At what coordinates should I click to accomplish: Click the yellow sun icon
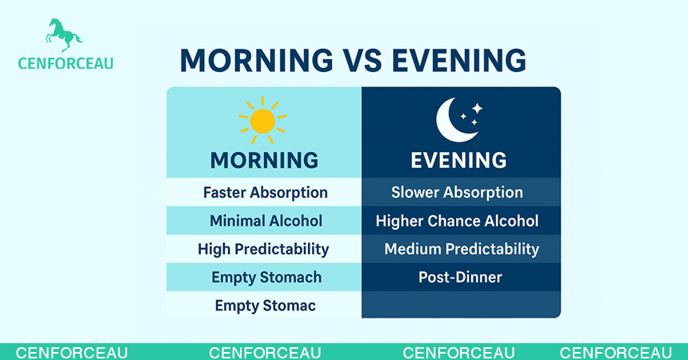coord(262,121)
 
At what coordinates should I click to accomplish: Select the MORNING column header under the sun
coord(264,160)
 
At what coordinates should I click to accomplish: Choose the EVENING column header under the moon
coord(458,160)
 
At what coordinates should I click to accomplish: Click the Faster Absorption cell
coord(265,193)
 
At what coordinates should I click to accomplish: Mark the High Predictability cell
coord(263,249)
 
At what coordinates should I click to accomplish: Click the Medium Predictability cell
coord(462,249)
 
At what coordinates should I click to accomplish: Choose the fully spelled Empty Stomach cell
coord(266,278)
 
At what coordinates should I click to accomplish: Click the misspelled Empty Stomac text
coord(265,306)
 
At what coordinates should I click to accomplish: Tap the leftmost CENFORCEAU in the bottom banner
coord(72,353)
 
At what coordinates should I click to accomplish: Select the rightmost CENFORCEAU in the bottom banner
coord(615,353)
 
